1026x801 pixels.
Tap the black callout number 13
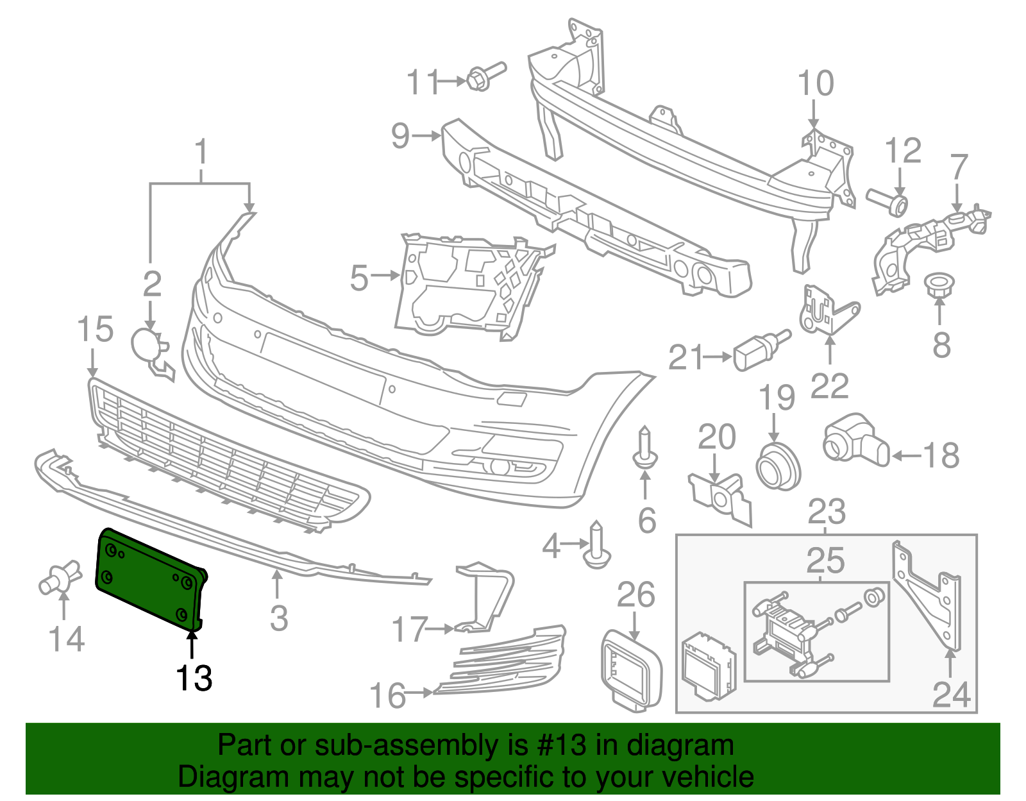pyautogui.click(x=194, y=677)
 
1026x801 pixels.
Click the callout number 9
pyautogui.click(x=400, y=135)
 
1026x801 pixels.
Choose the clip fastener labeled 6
pyautogui.click(x=644, y=449)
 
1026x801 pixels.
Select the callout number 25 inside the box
pyautogui.click(x=825, y=561)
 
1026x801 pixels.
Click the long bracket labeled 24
pyautogui.click(x=930, y=596)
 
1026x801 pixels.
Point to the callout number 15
pyautogui.click(x=95, y=330)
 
